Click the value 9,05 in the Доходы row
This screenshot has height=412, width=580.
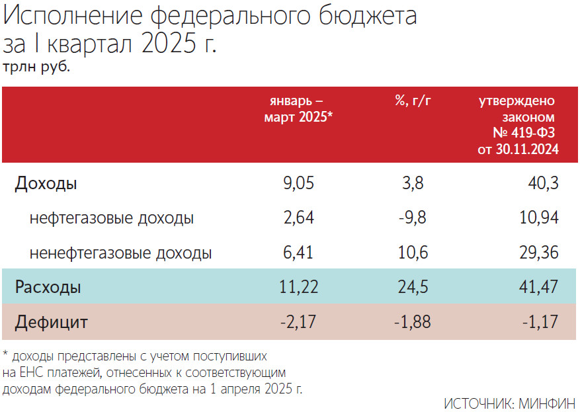pos(297,183)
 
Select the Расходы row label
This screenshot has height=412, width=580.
pos(48,288)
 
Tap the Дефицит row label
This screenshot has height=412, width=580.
pos(52,323)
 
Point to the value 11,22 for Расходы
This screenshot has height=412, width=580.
pos(294,288)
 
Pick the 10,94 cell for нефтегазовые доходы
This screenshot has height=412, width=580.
pos(540,218)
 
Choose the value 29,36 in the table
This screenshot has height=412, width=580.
pos(539,253)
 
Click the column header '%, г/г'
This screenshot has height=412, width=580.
pos(413,101)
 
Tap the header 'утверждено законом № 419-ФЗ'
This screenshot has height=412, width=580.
pos(518,125)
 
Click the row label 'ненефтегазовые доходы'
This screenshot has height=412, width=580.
pos(120,253)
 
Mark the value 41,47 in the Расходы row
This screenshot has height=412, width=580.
pos(539,288)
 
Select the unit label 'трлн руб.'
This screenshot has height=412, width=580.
pos(36,67)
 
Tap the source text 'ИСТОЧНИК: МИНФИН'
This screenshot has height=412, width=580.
pos(509,403)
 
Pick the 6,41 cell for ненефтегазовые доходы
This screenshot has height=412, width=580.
pos(297,253)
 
